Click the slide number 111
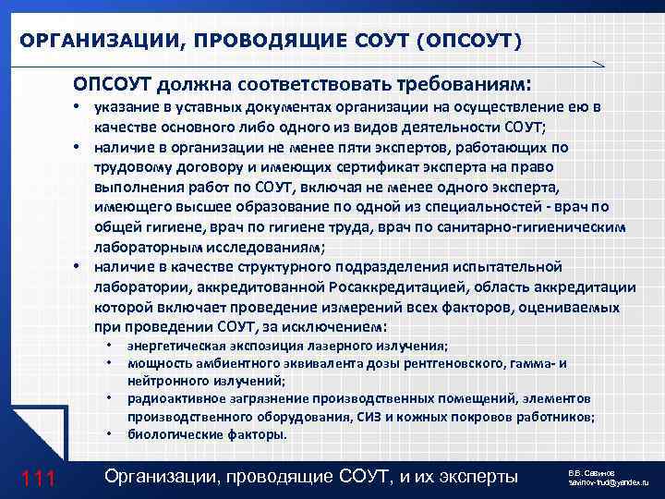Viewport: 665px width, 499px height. tap(40, 478)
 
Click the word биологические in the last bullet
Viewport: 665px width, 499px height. tap(170, 433)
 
